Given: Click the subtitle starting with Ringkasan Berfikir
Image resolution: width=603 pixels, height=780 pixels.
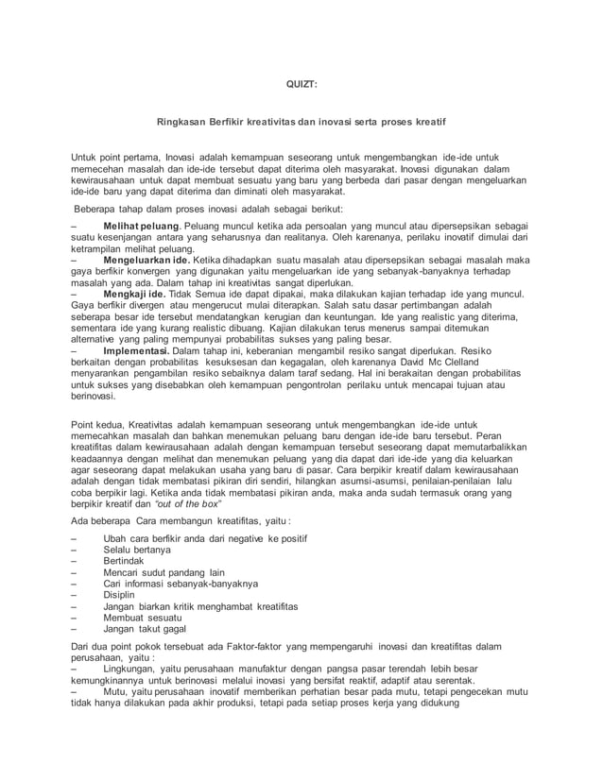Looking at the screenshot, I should click(301, 123).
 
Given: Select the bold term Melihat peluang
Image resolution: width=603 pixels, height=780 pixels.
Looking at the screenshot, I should click(141, 228).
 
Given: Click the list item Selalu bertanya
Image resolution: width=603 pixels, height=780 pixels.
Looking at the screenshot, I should click(137, 551).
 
